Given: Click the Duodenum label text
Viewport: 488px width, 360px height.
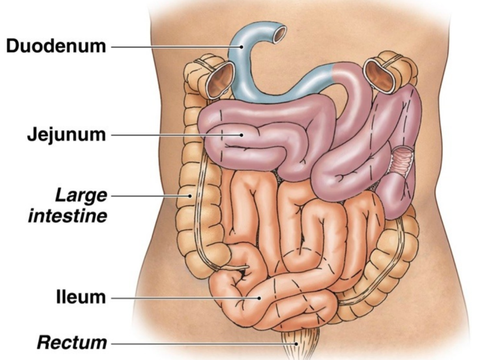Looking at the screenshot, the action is (x=56, y=46).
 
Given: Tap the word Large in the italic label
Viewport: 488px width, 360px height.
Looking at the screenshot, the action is (x=81, y=195).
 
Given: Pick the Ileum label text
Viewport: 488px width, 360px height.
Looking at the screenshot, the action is (x=81, y=297).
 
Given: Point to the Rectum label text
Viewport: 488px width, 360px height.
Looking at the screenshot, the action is (x=72, y=343).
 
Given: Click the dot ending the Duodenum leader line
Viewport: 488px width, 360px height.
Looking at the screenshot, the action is (x=241, y=46).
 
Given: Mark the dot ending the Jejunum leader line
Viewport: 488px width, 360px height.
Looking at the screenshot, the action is (x=241, y=134).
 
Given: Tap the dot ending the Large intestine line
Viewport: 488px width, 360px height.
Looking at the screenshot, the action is (x=190, y=195).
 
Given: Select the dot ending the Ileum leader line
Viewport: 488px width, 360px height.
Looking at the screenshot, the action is (x=259, y=297).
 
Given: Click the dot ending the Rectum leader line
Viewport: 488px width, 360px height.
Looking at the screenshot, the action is (x=297, y=343).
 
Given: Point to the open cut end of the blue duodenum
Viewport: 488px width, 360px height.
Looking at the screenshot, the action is (x=280, y=34).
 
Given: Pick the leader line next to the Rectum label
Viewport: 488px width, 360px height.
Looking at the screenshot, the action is (x=201, y=343).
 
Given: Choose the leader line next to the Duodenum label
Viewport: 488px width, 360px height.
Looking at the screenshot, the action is (x=174, y=46).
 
